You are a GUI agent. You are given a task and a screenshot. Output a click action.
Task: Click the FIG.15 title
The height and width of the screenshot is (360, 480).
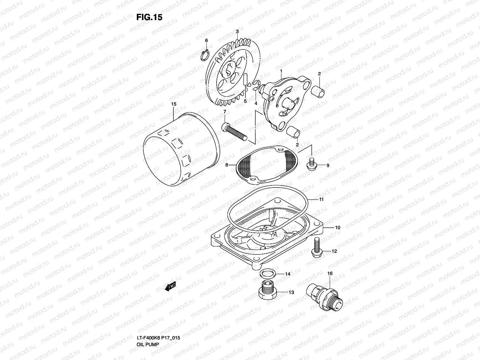click(x=149, y=17)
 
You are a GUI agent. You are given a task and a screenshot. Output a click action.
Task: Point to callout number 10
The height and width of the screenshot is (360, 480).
click(x=337, y=228)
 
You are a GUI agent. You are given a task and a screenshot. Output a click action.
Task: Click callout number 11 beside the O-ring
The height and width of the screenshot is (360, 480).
click(x=321, y=199)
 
